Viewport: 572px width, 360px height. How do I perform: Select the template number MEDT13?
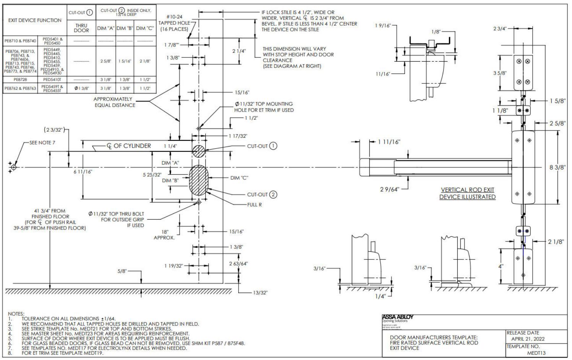[536, 353]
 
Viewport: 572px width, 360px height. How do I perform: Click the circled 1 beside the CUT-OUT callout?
[273, 146]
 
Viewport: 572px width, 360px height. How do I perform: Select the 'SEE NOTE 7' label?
[42, 143]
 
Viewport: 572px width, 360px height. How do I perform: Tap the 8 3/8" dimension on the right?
[557, 168]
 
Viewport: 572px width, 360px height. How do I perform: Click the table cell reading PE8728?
[21, 80]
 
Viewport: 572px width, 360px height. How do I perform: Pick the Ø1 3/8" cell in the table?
[81, 88]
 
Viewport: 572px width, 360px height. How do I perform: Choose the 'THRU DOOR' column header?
[81, 28]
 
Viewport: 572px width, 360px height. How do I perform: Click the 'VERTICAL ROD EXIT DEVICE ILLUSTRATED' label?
[467, 193]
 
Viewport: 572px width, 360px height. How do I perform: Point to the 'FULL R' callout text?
[254, 205]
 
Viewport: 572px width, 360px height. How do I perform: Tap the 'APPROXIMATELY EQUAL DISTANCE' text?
[115, 102]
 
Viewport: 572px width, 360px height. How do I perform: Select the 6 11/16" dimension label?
[83, 172]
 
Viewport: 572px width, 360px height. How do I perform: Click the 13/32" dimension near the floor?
[260, 293]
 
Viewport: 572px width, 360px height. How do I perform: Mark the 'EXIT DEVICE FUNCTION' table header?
[35, 20]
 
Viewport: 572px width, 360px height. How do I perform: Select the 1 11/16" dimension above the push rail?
[389, 142]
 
